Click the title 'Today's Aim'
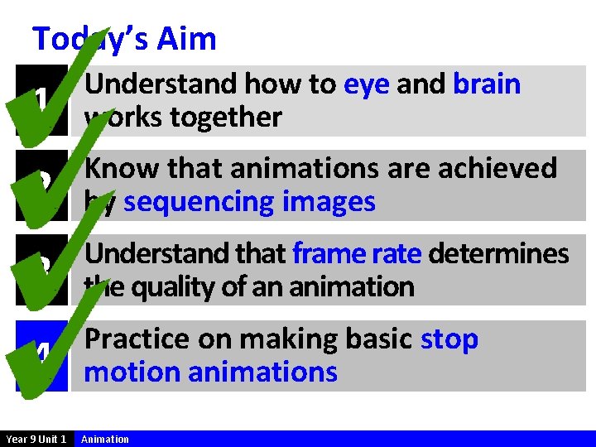(124, 39)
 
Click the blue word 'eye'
(366, 84)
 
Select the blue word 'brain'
(487, 84)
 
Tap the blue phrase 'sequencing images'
(249, 202)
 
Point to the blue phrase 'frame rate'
(356, 253)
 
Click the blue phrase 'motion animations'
(211, 372)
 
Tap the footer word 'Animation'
(105, 439)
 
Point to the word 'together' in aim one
(226, 118)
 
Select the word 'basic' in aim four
(374, 339)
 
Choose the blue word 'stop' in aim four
(449, 339)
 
